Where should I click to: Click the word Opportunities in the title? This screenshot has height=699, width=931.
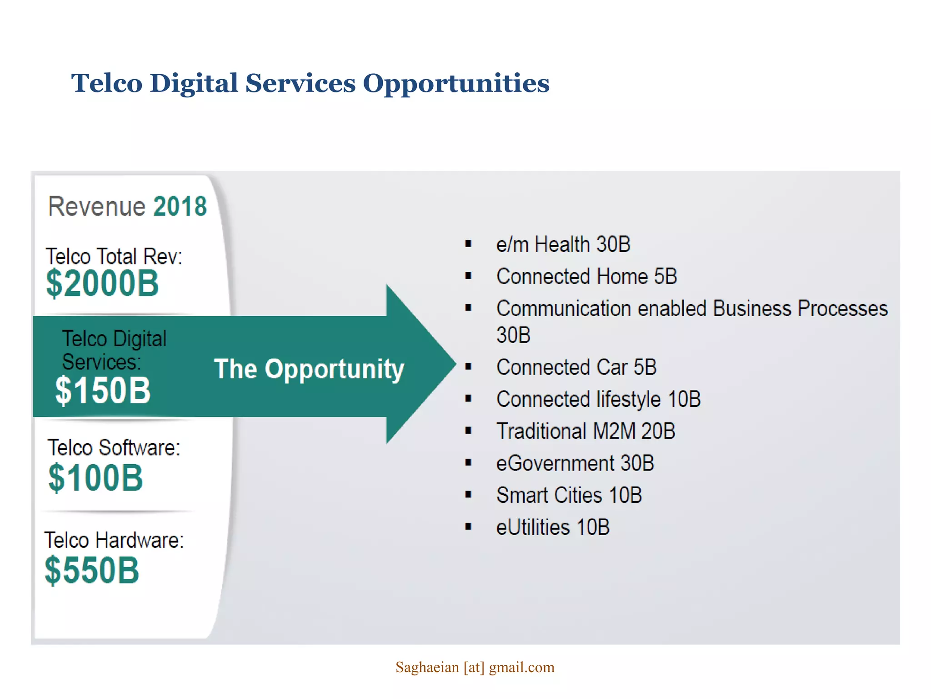(x=455, y=84)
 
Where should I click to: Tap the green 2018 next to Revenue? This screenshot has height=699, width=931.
(x=180, y=207)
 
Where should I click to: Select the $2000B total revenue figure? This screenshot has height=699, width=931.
(x=102, y=284)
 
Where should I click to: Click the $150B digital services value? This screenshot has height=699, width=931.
(x=102, y=390)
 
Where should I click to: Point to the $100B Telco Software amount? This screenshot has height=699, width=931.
(x=95, y=478)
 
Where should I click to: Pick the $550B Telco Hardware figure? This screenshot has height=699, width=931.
(x=92, y=570)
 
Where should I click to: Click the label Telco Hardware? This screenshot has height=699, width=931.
(x=114, y=540)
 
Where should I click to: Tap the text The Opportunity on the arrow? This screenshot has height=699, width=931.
(x=309, y=369)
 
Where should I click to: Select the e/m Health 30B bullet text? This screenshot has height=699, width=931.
(x=563, y=244)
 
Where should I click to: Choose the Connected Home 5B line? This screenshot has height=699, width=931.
(x=586, y=276)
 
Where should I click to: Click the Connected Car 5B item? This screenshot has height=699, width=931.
(x=576, y=367)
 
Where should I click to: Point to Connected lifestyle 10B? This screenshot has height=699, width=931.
(x=598, y=399)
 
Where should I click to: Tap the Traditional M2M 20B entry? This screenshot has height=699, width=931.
(x=586, y=431)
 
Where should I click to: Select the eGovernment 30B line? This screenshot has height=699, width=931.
(x=575, y=463)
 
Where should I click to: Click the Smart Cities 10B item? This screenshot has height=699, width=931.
(x=569, y=495)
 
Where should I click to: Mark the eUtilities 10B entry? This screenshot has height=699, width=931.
(x=552, y=527)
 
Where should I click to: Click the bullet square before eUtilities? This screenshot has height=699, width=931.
(x=468, y=527)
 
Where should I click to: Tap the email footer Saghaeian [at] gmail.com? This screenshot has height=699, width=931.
(x=475, y=667)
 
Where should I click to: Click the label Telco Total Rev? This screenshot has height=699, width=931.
(x=114, y=256)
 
